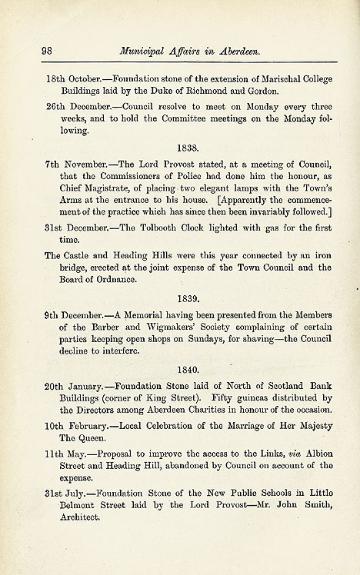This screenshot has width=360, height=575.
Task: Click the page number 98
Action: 46,52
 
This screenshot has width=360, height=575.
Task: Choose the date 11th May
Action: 64,452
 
